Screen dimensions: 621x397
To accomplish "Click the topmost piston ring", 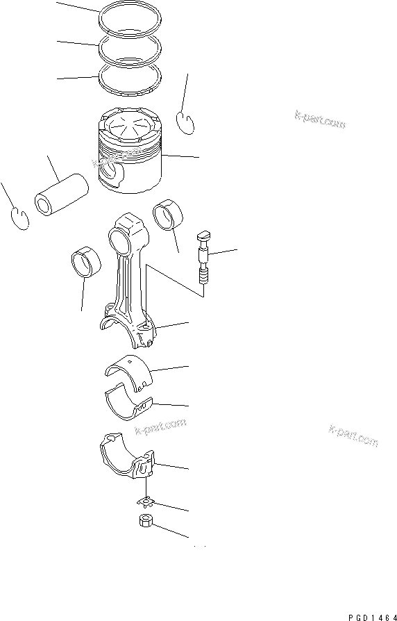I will click(x=130, y=15).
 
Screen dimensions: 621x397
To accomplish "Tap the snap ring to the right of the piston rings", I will click(x=185, y=122).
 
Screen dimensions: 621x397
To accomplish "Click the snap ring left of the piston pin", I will click(x=22, y=220).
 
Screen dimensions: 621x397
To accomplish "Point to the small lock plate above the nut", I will click(x=145, y=502).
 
